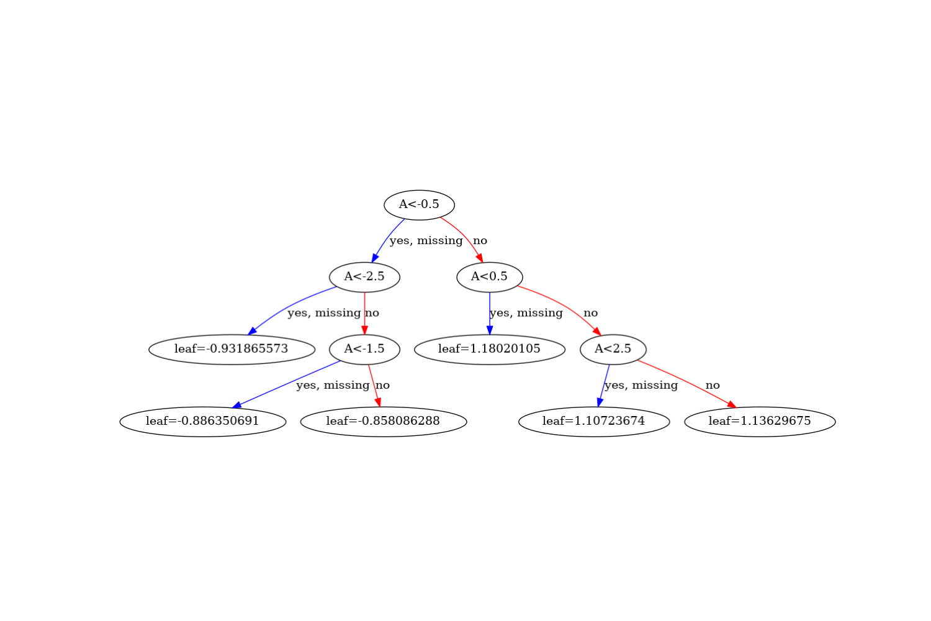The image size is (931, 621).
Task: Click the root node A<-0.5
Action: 419,204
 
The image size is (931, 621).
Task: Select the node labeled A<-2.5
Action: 364,277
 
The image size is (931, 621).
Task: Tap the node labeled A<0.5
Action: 489,277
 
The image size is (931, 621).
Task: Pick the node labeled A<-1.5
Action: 364,349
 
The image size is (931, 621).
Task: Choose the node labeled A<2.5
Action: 613,349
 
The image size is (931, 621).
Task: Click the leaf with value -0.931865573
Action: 232,349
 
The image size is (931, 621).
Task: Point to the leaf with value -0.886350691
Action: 202,421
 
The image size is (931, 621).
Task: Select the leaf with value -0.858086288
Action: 383,421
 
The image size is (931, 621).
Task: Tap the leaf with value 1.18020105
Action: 489,349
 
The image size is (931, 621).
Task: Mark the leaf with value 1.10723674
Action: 593,421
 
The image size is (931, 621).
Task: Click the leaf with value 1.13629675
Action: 760,421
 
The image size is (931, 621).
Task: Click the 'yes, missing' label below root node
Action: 426,240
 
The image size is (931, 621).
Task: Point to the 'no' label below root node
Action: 480,240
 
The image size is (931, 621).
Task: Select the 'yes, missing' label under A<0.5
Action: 526,313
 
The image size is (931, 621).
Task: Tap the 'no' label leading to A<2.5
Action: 590,313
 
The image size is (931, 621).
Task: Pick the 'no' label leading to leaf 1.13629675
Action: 712,385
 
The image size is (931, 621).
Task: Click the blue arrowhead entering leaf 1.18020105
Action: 489,330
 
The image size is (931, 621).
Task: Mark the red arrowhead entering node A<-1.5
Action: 364,330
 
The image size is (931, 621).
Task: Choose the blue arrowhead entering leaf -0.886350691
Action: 238,405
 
